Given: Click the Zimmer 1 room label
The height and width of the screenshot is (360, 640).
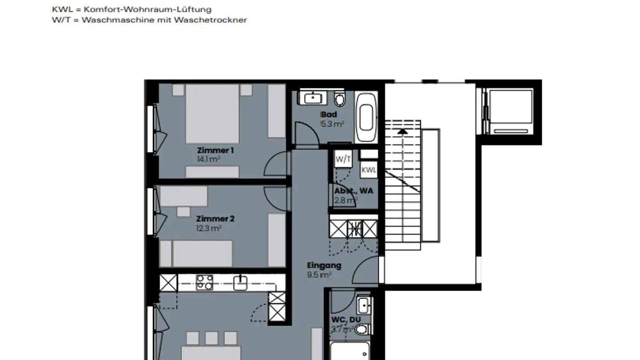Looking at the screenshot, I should [x=215, y=151].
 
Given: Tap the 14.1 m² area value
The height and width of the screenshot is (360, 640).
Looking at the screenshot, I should [x=209, y=159].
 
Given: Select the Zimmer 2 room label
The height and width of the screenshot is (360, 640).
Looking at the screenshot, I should [x=215, y=219].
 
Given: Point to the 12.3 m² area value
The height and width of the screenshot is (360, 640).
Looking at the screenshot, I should [x=209, y=228].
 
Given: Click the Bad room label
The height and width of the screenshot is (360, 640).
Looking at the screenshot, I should [x=329, y=115].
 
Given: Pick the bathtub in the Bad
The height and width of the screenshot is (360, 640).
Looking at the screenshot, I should [x=366, y=117].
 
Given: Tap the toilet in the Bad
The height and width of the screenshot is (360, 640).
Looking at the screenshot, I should [x=340, y=100].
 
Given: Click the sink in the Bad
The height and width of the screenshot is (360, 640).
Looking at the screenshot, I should [x=314, y=97].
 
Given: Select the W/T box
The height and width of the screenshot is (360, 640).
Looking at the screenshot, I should [x=343, y=159].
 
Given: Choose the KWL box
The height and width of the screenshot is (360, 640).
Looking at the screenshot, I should [x=368, y=170].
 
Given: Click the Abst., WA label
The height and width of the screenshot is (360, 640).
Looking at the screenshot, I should [x=354, y=191].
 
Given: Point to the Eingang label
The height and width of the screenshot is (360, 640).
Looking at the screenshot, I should [x=324, y=266].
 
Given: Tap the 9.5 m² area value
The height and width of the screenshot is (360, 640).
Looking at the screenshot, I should [x=319, y=275].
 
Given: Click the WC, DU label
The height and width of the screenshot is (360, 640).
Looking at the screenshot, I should [x=346, y=320].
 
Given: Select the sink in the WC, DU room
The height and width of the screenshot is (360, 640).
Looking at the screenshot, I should [x=364, y=305].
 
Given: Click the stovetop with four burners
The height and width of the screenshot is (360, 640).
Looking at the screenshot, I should [x=204, y=283].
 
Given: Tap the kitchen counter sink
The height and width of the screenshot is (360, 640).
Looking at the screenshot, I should [x=240, y=283].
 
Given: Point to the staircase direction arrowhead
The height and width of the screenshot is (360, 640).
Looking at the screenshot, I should [x=402, y=131].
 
